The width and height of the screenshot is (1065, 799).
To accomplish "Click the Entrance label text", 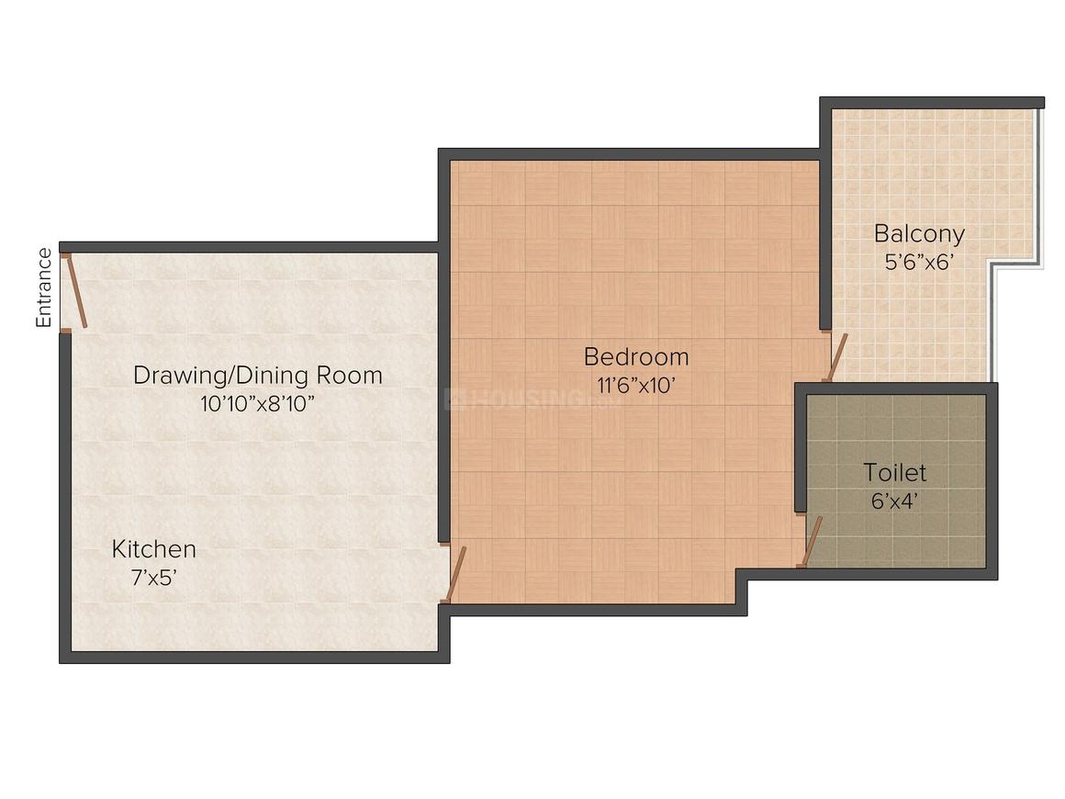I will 43,287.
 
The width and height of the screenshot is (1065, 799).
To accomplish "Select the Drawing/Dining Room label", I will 258,375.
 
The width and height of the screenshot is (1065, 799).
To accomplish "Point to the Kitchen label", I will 154,549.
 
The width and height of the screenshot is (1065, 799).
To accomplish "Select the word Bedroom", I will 636,356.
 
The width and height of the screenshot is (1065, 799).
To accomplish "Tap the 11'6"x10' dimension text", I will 636,385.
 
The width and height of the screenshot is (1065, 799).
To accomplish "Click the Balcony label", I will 919,232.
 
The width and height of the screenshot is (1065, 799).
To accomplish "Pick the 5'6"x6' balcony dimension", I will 919,261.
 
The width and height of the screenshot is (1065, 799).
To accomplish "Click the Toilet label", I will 894,473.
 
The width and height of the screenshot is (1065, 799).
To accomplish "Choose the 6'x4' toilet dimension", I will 894,501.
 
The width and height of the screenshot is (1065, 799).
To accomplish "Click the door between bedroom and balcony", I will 835,357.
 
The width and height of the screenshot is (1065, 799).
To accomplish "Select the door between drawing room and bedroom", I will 456,574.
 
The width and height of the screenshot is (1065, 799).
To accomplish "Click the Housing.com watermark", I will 532,399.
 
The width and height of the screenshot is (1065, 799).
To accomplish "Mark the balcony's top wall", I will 932,102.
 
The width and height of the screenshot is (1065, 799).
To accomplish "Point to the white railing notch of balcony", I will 1015,264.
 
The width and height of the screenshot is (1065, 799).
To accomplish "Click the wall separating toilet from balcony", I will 900,388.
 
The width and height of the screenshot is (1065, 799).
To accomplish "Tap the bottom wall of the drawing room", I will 254,657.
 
